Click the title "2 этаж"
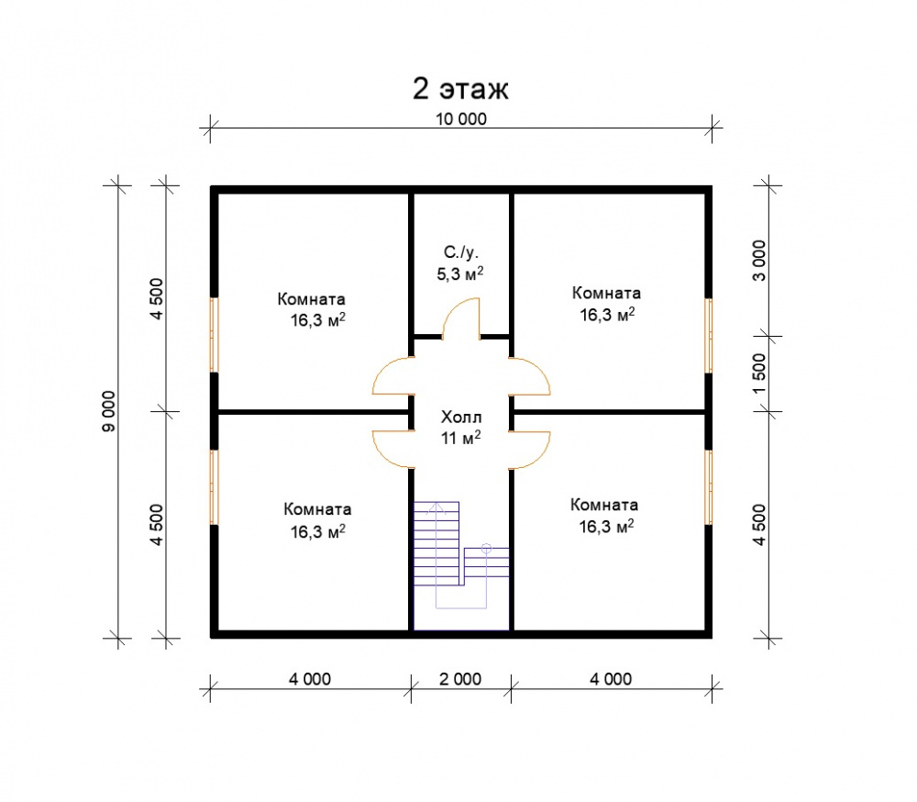(461, 89)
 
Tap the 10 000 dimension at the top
(461, 119)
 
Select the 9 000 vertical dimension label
(109, 411)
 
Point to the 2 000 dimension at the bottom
(460, 679)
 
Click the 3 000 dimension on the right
(758, 261)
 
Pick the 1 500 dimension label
(758, 373)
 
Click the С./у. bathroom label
(461, 252)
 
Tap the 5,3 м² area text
(460, 273)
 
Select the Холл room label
(461, 417)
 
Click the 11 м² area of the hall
(461, 438)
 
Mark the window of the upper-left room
(215, 335)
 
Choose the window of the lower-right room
(708, 487)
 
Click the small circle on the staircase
(486, 549)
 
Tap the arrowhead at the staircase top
(436, 507)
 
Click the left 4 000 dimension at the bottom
(310, 679)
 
